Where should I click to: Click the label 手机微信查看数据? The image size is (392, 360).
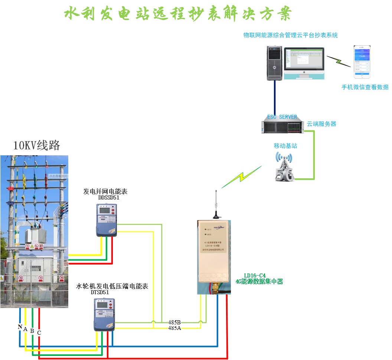365,87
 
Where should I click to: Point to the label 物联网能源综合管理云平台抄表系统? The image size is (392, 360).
290,35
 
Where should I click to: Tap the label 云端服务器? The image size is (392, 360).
321,124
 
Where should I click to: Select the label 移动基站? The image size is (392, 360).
285,146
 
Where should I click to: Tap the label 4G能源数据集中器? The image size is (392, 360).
259,282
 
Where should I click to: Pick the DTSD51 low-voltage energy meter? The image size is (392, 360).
104,315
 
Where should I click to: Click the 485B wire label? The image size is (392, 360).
174,322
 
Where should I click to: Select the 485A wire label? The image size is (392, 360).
174,328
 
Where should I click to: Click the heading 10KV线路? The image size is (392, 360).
36,145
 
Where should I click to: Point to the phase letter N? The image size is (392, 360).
20,327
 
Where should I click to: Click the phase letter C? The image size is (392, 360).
39,333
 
